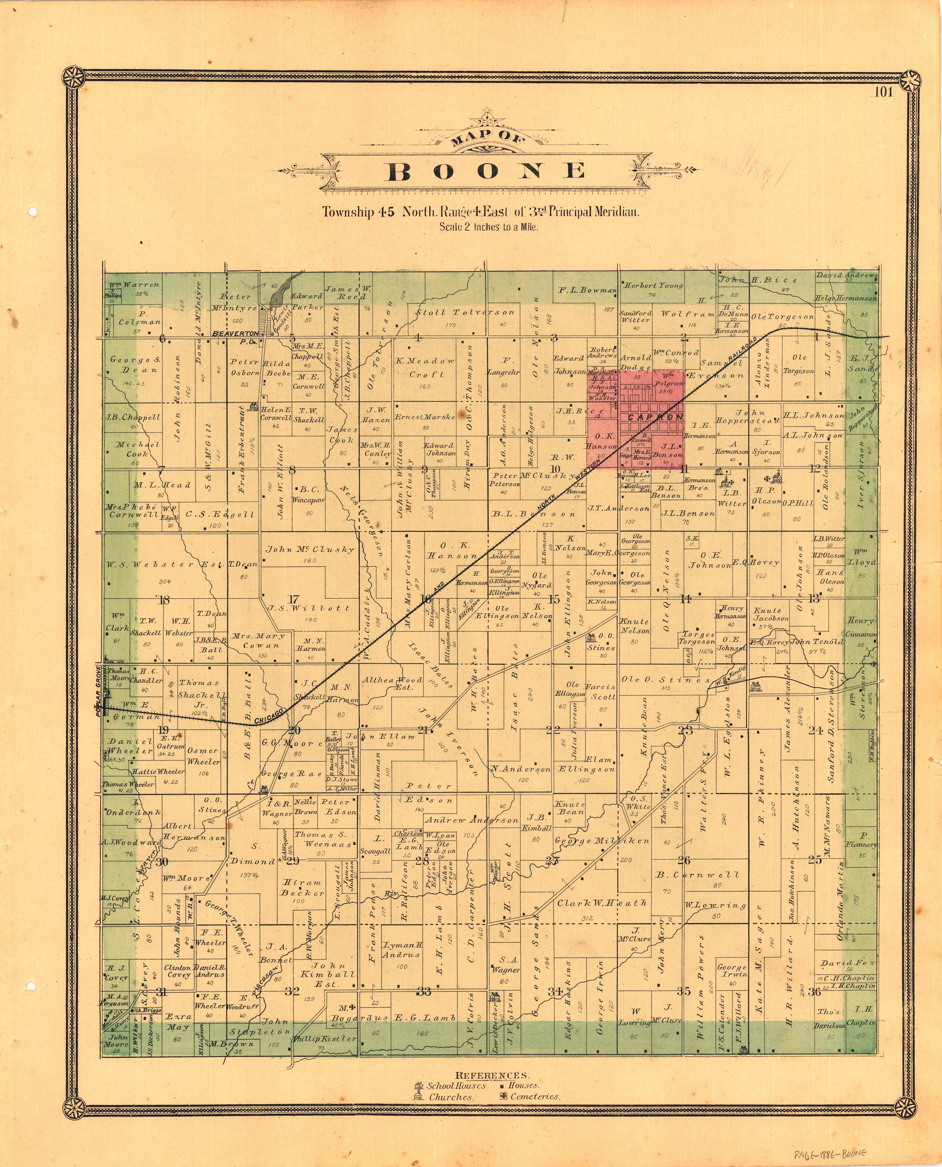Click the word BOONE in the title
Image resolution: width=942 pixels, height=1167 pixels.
pyautogui.click(x=487, y=171)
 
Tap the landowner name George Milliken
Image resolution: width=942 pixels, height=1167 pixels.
pyautogui.click(x=602, y=840)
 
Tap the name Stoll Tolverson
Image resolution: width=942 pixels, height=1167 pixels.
pyautogui.click(x=465, y=312)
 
